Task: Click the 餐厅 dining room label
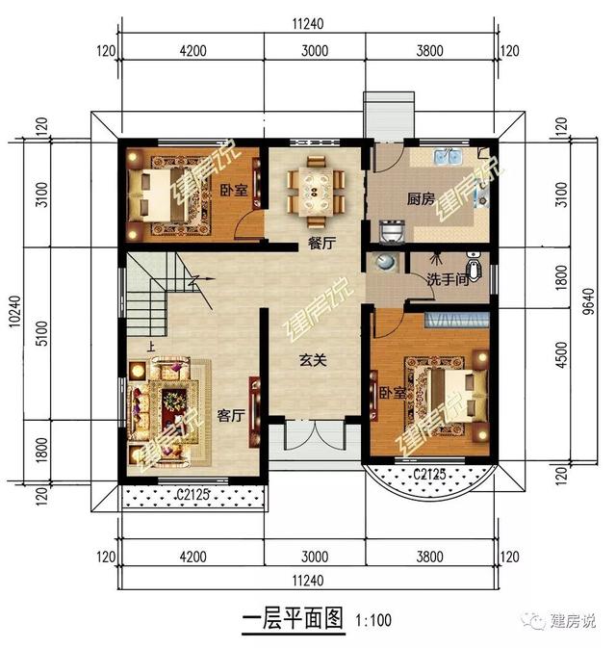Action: click(321, 245)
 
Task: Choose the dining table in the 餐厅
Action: click(315, 189)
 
